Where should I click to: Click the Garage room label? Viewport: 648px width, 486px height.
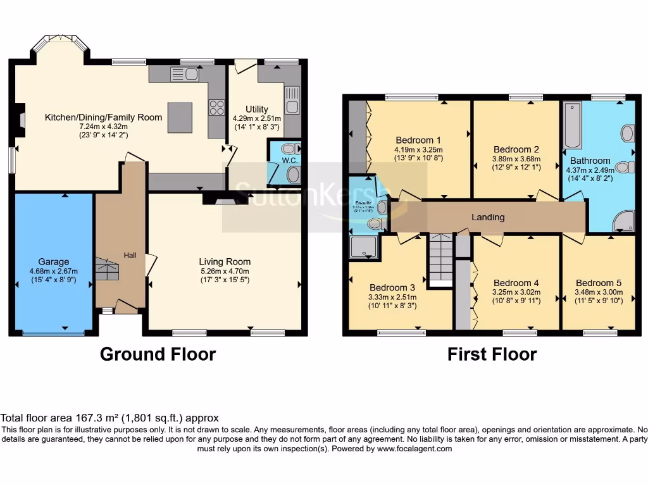click(x=53, y=261)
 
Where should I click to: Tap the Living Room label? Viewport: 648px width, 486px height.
click(x=225, y=261)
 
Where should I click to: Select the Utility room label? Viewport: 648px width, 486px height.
click(x=256, y=109)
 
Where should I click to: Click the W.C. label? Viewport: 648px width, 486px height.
click(x=290, y=160)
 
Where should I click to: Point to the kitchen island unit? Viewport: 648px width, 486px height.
click(x=180, y=117)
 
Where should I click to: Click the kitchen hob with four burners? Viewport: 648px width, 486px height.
click(x=216, y=108)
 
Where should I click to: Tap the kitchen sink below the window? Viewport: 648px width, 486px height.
click(x=184, y=75)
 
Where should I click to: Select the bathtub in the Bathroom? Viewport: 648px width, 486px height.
click(x=572, y=125)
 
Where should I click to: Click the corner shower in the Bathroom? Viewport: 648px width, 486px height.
click(x=623, y=220)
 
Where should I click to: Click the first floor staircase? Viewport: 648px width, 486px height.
click(x=440, y=260)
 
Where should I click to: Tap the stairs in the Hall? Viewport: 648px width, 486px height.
click(x=107, y=269)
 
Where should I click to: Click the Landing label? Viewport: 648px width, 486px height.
click(x=488, y=217)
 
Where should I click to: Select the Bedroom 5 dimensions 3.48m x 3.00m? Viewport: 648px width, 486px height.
click(x=599, y=292)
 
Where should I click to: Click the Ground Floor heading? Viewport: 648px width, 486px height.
click(x=158, y=354)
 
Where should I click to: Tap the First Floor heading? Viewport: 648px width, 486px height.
click(x=492, y=354)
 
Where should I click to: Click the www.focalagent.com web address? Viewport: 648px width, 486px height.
click(x=414, y=449)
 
